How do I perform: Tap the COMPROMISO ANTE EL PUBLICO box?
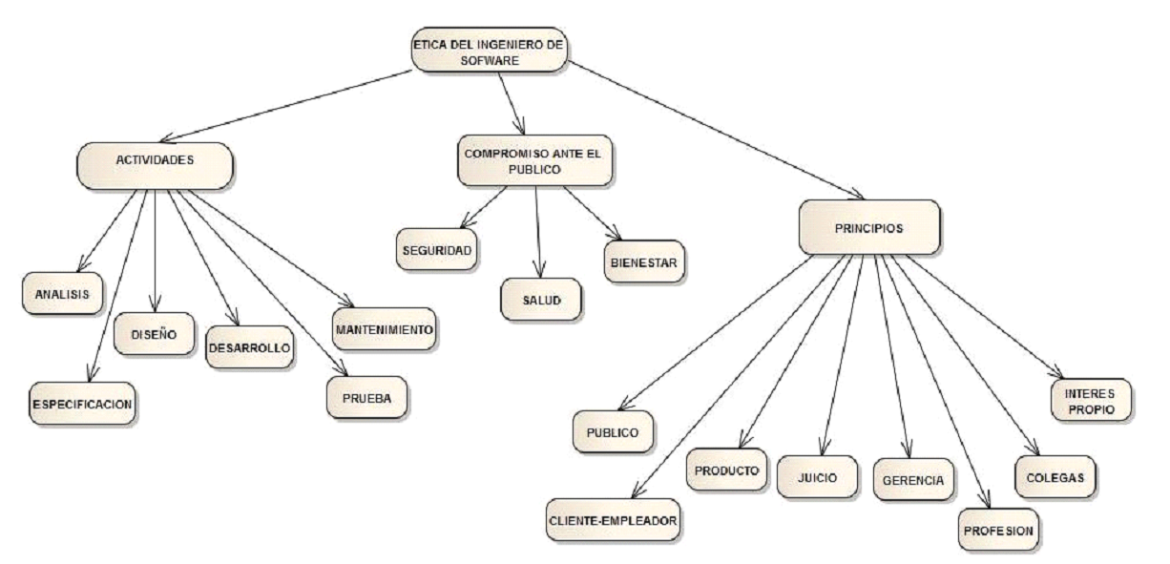pos(534,159)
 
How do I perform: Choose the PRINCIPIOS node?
pos(868,227)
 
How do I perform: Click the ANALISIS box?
pos(61,293)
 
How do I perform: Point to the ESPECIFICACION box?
pos(80,403)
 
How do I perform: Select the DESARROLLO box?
pos(249,348)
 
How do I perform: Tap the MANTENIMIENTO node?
pos(385,328)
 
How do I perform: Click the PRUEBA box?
pos(366,397)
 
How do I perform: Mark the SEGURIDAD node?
pos(436,248)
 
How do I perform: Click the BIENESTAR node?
pos(643,261)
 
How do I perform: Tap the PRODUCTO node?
pos(726,470)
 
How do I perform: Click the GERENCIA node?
pos(912,479)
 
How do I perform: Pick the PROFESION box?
pos(997,530)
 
